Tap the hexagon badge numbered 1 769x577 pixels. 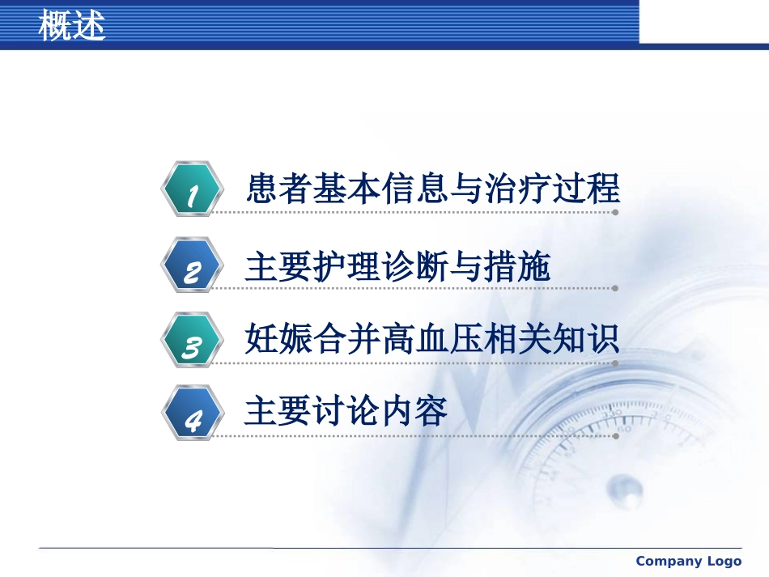193,189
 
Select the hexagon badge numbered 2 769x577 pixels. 193,265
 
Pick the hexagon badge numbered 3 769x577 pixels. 193,340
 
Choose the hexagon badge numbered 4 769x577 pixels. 193,413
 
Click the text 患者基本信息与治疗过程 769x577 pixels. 432,189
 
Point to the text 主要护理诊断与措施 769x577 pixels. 397,266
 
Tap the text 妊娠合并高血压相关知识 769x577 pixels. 432,338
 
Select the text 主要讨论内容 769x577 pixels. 346,410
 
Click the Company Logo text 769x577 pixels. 689,561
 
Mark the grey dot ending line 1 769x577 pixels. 615,212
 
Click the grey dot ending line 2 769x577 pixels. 615,288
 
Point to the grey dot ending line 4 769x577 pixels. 615,436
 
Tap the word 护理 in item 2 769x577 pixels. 346,266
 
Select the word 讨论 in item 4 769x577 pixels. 346,410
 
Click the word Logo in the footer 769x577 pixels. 722,561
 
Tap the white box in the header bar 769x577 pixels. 704,22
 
